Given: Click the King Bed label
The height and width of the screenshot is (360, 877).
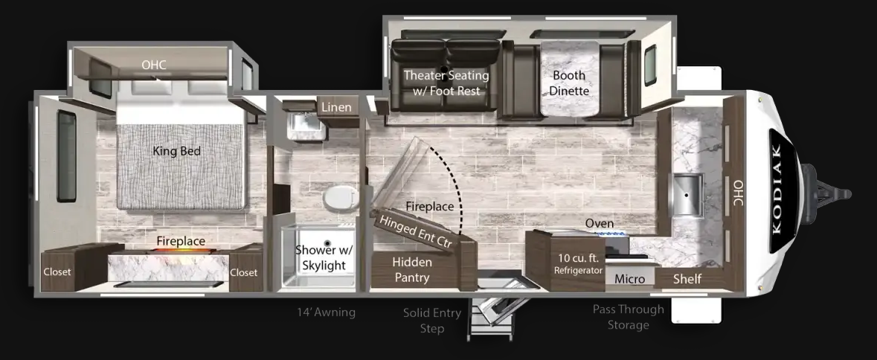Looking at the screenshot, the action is (x=177, y=151).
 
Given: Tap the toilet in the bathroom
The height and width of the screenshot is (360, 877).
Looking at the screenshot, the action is (x=341, y=198).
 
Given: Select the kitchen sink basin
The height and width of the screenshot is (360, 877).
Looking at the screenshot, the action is (x=687, y=195).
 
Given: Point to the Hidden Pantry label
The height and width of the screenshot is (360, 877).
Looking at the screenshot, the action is (x=411, y=269).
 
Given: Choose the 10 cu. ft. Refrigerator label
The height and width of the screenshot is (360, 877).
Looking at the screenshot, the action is (x=578, y=264).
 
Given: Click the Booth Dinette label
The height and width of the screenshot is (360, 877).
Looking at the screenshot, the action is (x=569, y=82).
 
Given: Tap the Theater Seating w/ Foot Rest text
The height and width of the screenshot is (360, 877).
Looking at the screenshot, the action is (x=446, y=82).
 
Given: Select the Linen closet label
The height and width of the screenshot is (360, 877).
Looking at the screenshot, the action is (x=337, y=106).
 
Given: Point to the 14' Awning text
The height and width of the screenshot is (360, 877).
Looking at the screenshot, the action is (x=327, y=312).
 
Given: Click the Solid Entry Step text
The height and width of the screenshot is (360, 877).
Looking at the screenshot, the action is (x=431, y=321).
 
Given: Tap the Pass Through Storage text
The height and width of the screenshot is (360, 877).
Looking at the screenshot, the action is (x=628, y=316).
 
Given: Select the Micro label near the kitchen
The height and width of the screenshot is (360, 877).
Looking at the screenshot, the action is (x=630, y=278).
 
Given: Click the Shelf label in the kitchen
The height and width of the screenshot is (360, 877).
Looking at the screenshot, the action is (x=687, y=278).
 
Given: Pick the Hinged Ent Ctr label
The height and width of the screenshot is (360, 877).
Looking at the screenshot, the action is (x=416, y=231).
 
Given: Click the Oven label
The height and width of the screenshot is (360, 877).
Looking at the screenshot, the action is (x=599, y=224).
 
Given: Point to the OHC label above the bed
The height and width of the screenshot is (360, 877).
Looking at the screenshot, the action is (x=154, y=65).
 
